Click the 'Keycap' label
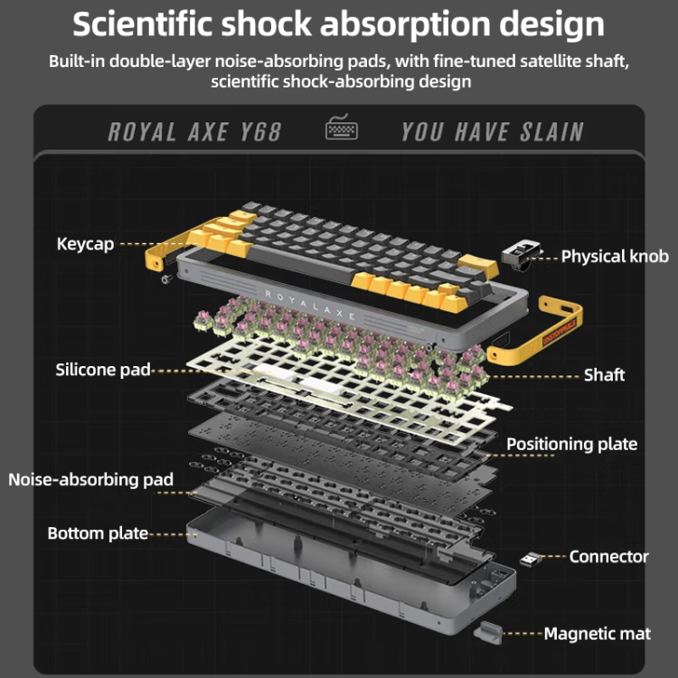coord(85,244)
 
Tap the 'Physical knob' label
coord(615,257)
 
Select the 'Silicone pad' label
coord(102,369)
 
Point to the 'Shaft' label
coord(604,374)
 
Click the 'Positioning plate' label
coord(571,444)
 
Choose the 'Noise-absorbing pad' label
coord(90,479)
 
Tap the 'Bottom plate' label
coord(98,533)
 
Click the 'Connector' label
coord(608,557)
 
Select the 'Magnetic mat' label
coord(597,634)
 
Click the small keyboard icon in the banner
coord(342,130)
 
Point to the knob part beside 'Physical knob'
coord(522,255)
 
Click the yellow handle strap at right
coord(543,326)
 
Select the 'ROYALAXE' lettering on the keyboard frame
coord(311,294)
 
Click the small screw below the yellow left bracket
coord(165,278)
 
